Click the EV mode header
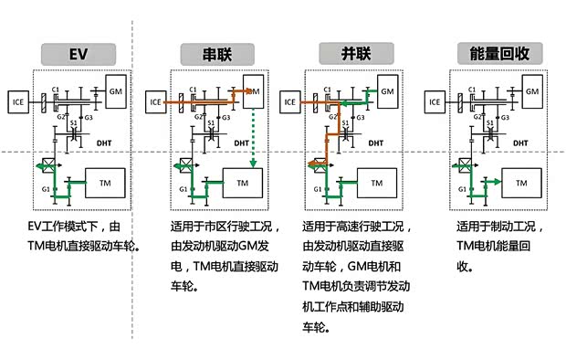click(78, 53)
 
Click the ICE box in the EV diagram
click(20, 101)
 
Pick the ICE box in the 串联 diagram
click(158, 101)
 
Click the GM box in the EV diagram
click(117, 91)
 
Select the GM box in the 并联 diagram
click(388, 91)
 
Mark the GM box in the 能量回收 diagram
click(529, 91)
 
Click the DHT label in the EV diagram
click(103, 143)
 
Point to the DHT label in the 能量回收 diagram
click(518, 143)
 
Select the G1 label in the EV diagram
click(43, 189)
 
